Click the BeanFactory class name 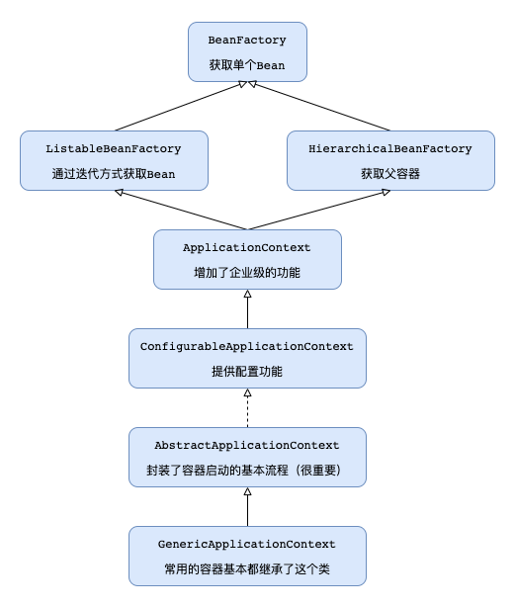pos(247,41)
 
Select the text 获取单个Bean pos(247,65)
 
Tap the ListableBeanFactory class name pos(114,149)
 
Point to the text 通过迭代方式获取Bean pos(114,174)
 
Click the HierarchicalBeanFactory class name pos(389,149)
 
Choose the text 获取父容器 pos(389,174)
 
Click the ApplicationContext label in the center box pos(247,248)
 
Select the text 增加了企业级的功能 pos(247,273)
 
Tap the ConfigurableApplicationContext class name pos(247,347)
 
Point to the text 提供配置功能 pos(247,372)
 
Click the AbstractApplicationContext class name pos(247,446)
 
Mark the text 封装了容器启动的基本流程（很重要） pos(247,471)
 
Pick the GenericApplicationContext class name pos(247,545)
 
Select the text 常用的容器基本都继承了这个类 pos(247,569)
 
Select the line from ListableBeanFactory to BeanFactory pos(178,106)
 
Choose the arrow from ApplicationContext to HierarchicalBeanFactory pos(315,210)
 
